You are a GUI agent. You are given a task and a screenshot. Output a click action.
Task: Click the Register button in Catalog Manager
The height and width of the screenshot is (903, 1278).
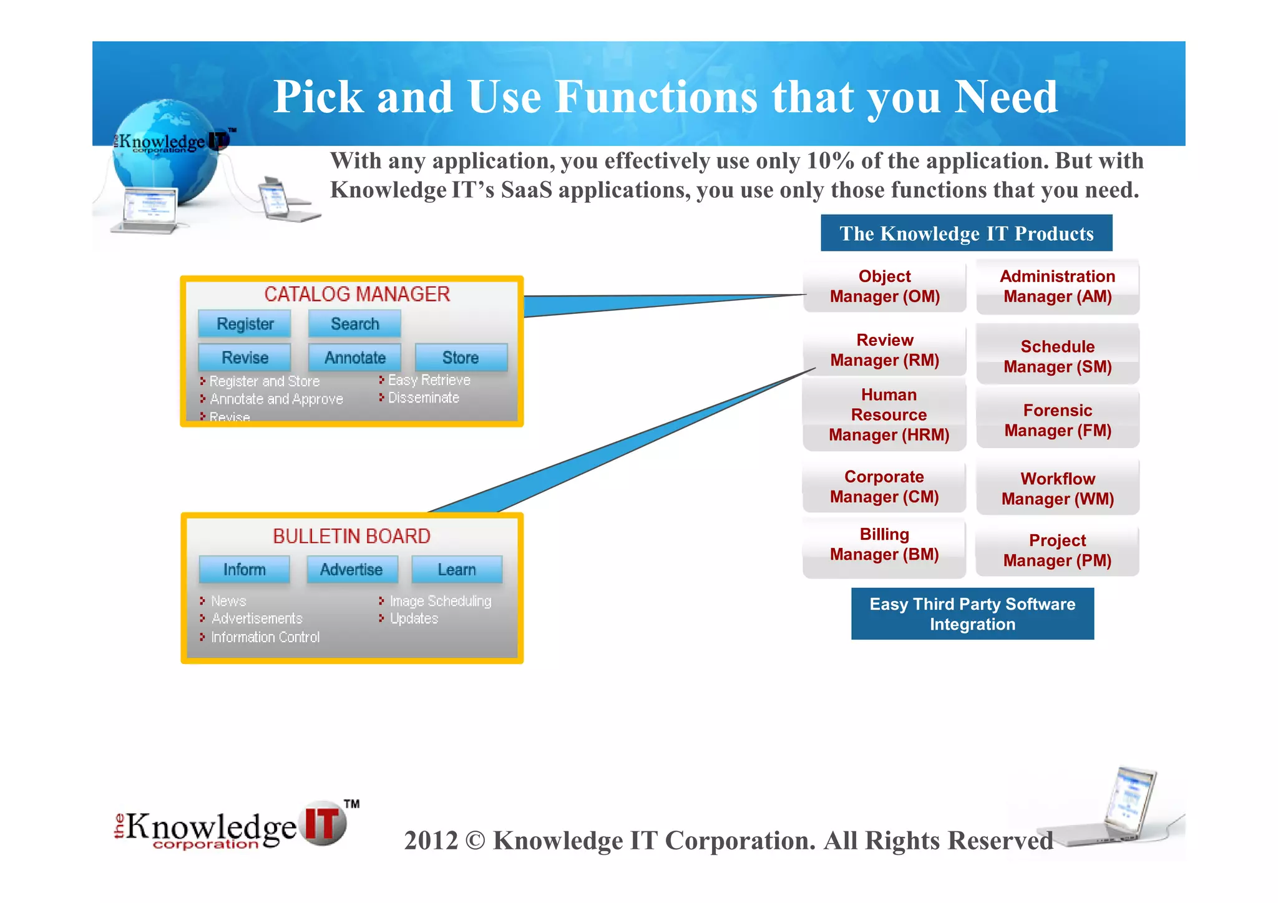[245, 324]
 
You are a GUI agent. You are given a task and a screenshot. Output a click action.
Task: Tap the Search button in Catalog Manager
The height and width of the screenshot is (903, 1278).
[354, 324]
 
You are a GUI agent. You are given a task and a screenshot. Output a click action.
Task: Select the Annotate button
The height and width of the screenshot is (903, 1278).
[354, 358]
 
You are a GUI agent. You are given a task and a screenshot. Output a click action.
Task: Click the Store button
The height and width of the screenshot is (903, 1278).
[461, 358]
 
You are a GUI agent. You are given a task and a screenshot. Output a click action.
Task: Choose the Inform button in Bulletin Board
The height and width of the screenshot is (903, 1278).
[245, 570]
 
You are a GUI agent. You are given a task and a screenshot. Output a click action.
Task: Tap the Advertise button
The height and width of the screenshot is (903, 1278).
[351, 570]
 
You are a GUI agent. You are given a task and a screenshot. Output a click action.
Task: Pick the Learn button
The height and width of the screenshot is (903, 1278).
[457, 570]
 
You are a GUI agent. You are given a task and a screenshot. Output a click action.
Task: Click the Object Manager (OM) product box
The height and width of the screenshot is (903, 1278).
[884, 286]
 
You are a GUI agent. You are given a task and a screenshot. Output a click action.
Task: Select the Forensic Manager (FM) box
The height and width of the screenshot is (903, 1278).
[1058, 420]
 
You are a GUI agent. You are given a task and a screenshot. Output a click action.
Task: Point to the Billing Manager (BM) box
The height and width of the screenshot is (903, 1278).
[884, 545]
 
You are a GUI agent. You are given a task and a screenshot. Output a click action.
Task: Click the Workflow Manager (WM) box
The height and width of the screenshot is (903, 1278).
[1058, 489]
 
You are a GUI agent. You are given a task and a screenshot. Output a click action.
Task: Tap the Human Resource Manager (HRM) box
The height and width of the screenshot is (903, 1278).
[889, 415]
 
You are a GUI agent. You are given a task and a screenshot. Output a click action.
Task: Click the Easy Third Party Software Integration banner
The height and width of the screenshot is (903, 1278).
[972, 614]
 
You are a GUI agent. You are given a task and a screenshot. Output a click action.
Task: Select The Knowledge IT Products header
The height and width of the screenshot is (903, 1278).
[966, 233]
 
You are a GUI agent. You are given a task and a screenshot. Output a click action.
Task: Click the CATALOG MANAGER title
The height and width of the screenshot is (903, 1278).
[357, 294]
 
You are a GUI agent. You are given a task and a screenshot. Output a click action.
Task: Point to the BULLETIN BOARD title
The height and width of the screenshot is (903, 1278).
[351, 536]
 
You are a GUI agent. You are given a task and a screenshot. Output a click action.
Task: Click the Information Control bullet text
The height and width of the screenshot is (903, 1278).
[265, 637]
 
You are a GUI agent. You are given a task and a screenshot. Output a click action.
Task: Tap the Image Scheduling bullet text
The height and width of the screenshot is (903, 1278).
[441, 601]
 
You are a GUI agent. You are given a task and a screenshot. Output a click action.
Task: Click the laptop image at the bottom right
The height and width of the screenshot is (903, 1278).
[1120, 808]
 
